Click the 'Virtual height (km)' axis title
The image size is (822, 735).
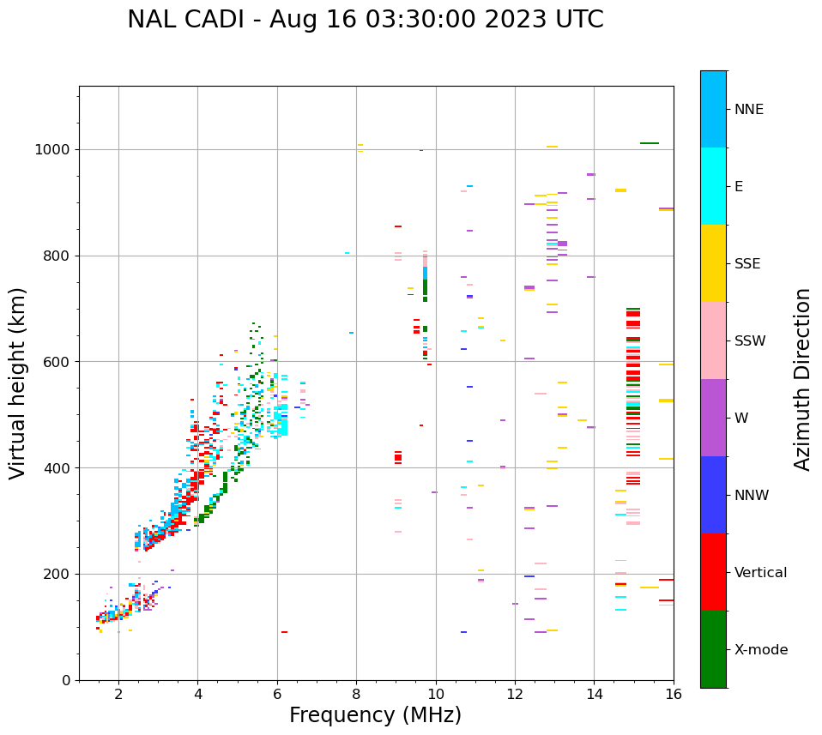18,383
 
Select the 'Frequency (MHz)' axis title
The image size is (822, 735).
375,715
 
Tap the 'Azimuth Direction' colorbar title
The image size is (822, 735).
802,379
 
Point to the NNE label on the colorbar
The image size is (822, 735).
748,110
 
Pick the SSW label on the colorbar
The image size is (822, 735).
749,341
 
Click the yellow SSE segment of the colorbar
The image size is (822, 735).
713,263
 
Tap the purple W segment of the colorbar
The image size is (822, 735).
713,418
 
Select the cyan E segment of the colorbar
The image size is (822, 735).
713,186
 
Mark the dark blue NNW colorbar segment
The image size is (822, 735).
713,495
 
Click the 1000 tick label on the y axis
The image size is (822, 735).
54,150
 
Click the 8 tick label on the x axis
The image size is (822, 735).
356,694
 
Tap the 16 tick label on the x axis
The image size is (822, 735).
674,694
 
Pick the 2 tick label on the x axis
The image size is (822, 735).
118,694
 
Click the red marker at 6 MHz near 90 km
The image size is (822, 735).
284,632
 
